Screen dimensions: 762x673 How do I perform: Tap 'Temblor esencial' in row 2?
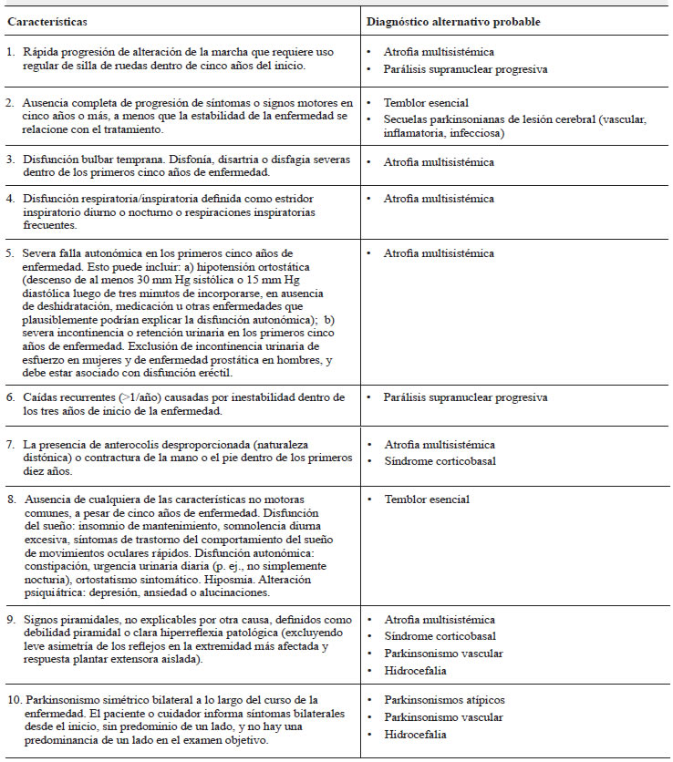427,104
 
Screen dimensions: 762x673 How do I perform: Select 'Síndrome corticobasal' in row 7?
440,461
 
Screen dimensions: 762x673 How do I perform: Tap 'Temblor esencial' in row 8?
427,499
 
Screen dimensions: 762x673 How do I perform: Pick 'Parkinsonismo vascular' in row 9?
443,653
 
